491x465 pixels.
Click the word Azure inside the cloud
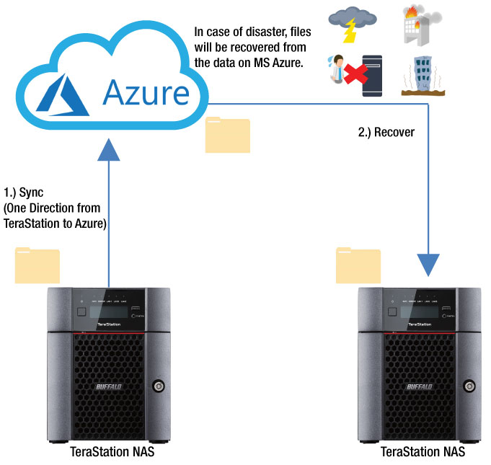pyautogui.click(x=146, y=93)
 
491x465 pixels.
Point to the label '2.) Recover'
pyautogui.click(x=386, y=133)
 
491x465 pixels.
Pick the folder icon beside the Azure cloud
pyautogui.click(x=227, y=135)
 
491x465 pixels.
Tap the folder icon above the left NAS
pyautogui.click(x=37, y=265)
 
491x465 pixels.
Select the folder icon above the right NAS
pyautogui.click(x=358, y=265)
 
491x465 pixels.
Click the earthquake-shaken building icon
pyautogui.click(x=421, y=75)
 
